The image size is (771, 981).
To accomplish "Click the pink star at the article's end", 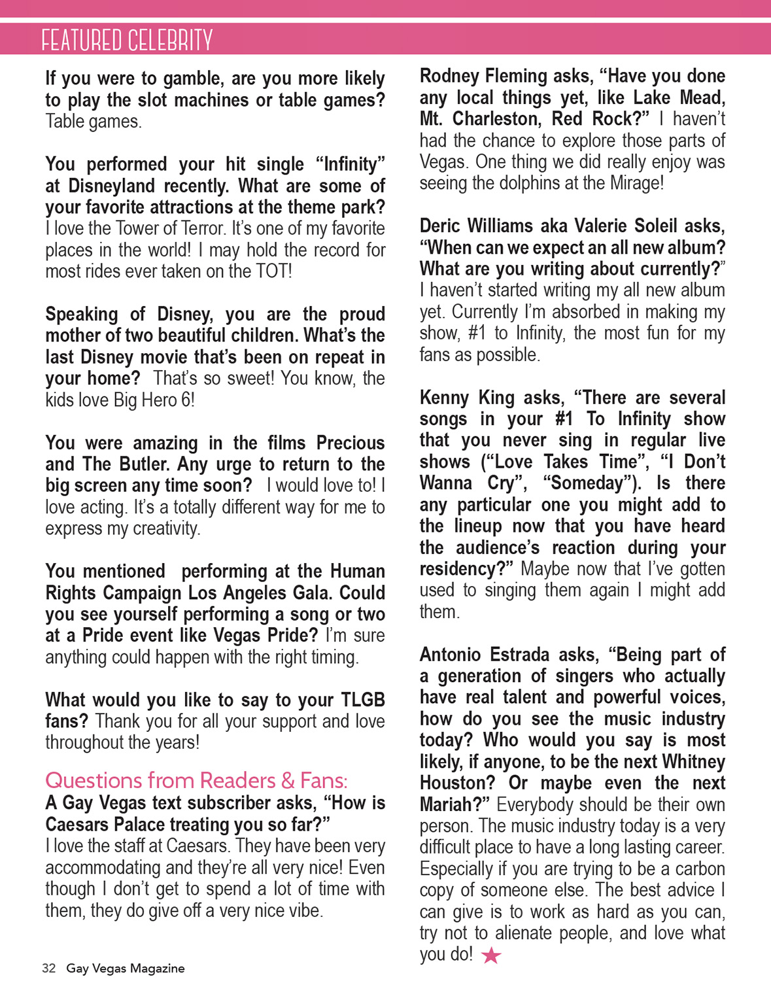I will pyautogui.click(x=491, y=956).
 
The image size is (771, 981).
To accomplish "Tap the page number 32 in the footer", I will pyautogui.click(x=49, y=969).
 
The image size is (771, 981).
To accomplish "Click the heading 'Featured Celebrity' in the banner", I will pyautogui.click(x=127, y=41).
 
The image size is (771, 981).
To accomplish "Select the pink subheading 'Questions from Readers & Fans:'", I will pyautogui.click(x=196, y=780).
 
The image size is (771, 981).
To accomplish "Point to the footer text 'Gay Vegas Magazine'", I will pyautogui.click(x=126, y=969).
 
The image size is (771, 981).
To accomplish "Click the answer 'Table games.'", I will pyautogui.click(x=94, y=122).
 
